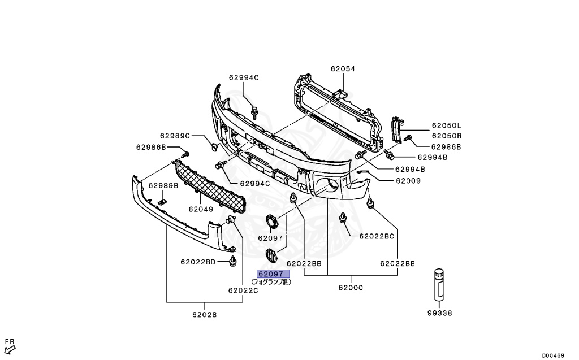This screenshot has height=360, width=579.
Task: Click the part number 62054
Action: click(x=343, y=69)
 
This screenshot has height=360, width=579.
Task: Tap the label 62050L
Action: click(x=447, y=125)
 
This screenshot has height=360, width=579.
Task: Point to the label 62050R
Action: click(x=447, y=136)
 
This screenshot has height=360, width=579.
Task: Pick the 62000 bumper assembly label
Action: click(x=351, y=288)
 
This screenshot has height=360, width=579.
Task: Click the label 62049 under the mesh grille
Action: click(x=201, y=209)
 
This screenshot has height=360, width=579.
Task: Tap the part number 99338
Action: click(x=439, y=313)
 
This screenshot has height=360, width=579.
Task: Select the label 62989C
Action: click(x=174, y=136)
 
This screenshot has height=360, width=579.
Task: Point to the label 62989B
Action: click(x=163, y=185)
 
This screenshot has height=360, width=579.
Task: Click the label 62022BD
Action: click(x=198, y=262)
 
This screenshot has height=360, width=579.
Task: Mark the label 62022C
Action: click(x=243, y=290)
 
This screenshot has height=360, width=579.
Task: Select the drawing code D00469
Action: click(x=552, y=355)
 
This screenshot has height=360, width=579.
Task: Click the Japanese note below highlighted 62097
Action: click(x=271, y=281)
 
